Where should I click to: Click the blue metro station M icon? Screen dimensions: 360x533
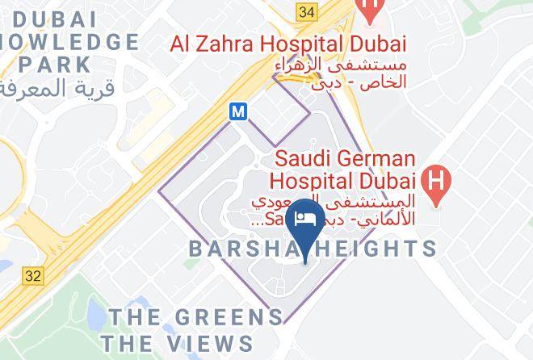coord(238,113)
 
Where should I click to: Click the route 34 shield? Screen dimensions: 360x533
coord(306,11)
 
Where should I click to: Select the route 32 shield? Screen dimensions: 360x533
coord(32,275)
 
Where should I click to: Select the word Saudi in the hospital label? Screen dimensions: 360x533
coord(301,158)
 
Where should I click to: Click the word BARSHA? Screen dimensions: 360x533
coord(238,248)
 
